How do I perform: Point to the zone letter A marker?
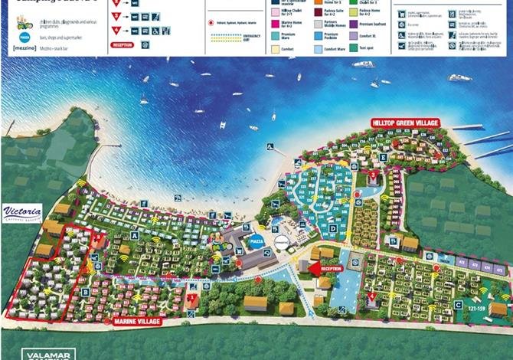click(135, 237)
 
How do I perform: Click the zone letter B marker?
click(86, 292)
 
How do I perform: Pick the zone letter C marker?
click(458, 305)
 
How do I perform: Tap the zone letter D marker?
click(333, 227)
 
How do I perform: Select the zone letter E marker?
click(382, 158)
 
